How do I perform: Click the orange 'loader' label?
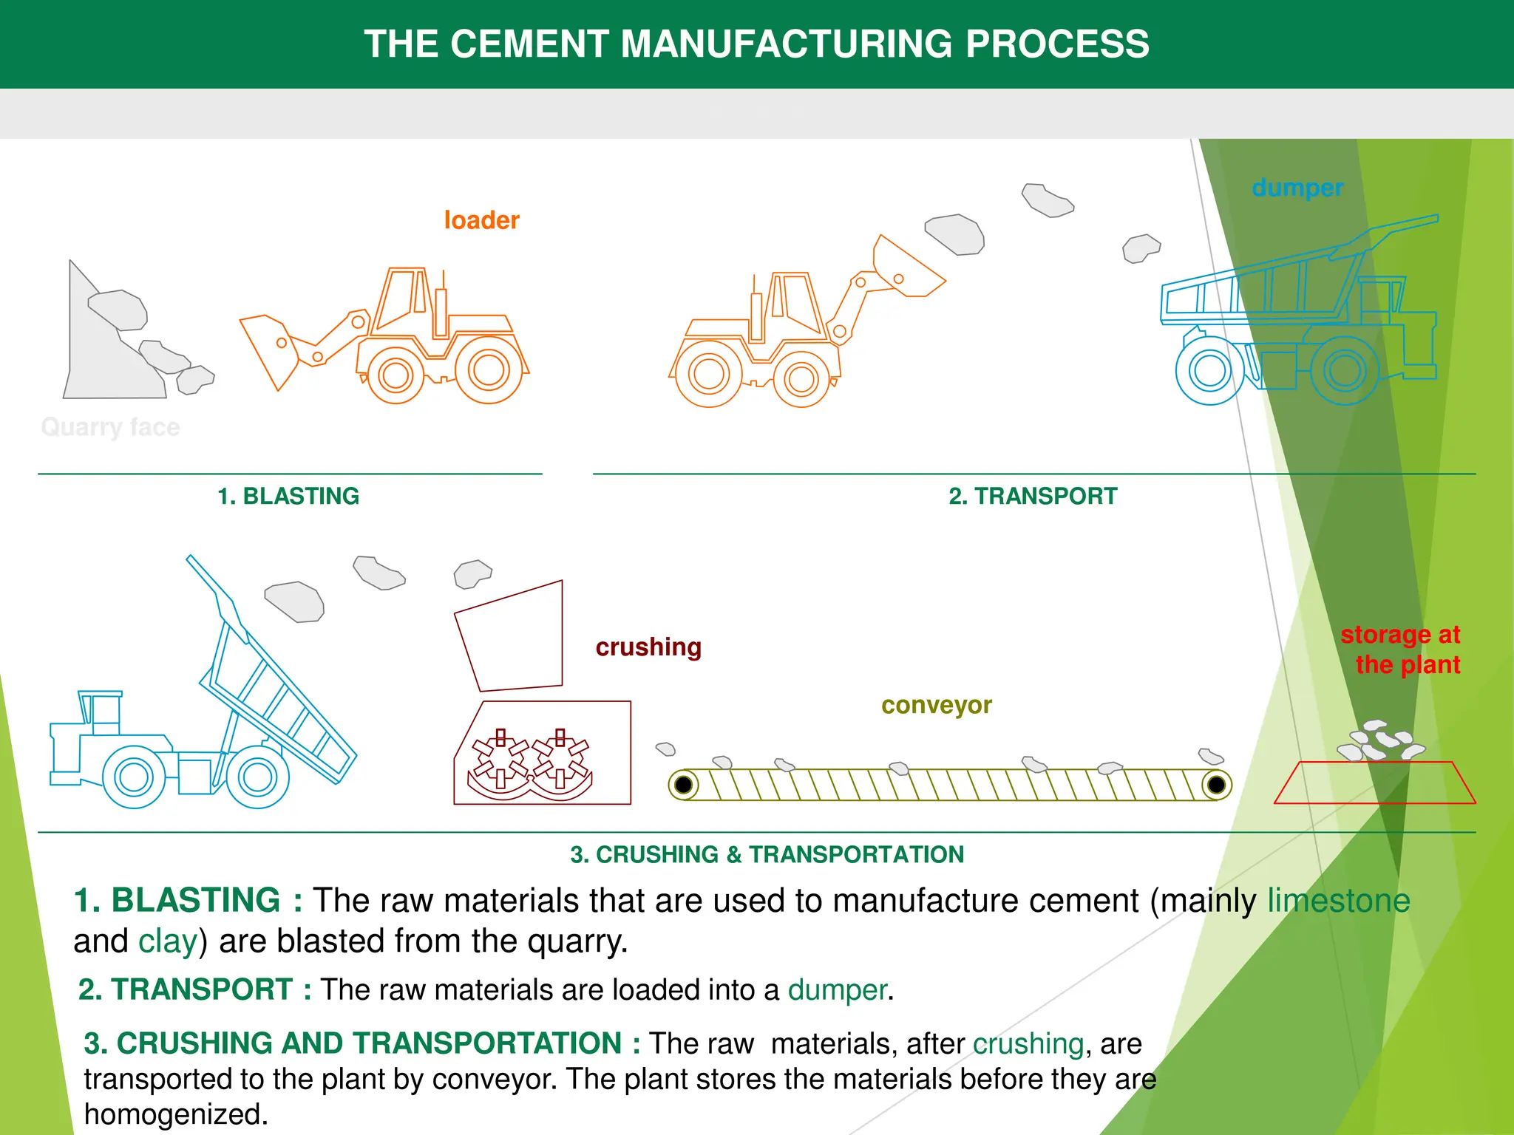click(x=481, y=220)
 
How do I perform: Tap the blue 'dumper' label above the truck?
click(x=1297, y=188)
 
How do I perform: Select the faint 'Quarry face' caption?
click(x=110, y=427)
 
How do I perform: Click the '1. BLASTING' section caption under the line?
click(x=288, y=496)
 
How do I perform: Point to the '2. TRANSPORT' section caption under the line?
click(x=1033, y=496)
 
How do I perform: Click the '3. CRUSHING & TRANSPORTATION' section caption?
click(x=767, y=854)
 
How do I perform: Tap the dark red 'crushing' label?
click(x=648, y=647)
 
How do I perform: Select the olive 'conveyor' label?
click(x=936, y=705)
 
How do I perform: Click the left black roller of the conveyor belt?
click(x=684, y=784)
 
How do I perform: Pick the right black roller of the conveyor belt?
click(x=1216, y=784)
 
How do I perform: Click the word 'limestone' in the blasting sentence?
click(x=1338, y=901)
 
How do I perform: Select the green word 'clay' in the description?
click(x=168, y=941)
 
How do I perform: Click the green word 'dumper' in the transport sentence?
click(x=837, y=990)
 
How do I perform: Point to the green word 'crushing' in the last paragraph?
click(x=1028, y=1044)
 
